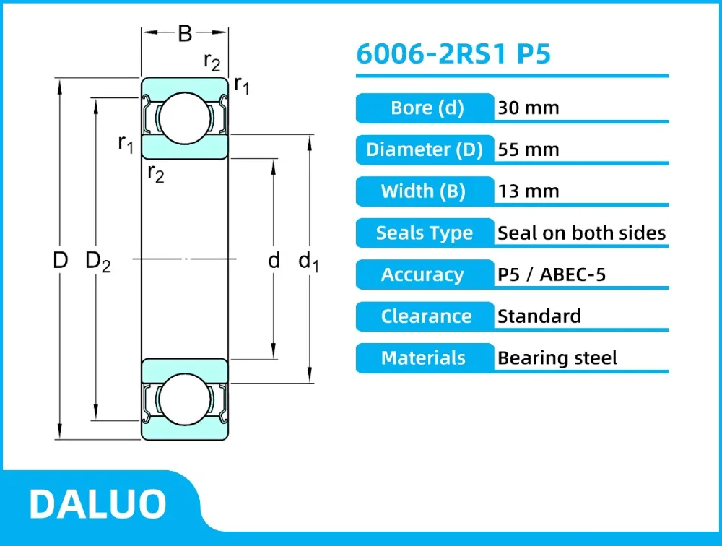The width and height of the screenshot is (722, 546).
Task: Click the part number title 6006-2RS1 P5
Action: [453, 54]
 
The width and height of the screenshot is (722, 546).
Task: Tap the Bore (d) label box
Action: [425, 108]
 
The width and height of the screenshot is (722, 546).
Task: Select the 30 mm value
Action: [529, 108]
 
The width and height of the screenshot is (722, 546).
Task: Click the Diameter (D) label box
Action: [425, 149]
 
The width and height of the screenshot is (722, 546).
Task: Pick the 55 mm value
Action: [529, 149]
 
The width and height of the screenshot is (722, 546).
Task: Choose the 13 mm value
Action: [529, 191]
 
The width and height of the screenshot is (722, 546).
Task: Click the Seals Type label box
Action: [425, 233]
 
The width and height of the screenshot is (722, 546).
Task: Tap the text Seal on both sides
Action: [581, 233]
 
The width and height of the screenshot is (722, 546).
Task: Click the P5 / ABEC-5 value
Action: [552, 274]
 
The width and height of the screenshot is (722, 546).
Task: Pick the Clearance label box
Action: [425, 316]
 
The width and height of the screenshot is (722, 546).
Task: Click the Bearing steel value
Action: [557, 357]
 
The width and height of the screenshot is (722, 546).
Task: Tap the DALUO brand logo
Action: [97, 504]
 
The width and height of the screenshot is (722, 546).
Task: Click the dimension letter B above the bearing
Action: [185, 33]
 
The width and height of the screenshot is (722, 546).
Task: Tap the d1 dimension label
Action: [308, 261]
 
